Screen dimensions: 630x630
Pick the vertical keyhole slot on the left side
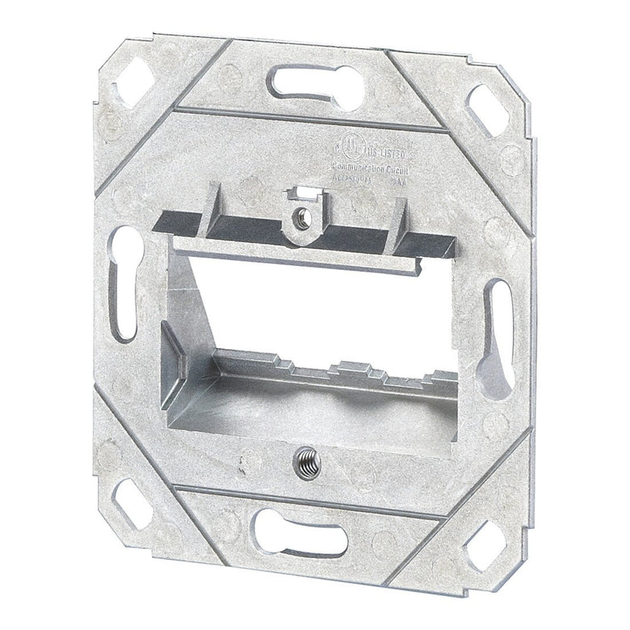coord(125,283)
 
